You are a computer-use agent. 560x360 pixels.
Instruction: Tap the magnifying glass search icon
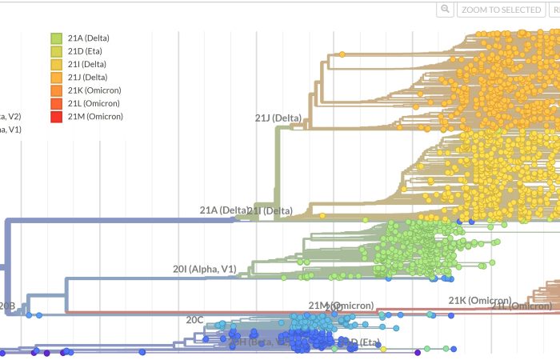tap(446, 10)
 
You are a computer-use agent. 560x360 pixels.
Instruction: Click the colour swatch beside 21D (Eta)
tap(57, 51)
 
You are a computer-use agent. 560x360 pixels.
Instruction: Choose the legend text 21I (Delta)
tap(86, 64)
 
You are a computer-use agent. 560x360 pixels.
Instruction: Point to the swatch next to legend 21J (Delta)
tap(57, 78)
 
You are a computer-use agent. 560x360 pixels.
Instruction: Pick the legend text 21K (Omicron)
tap(94, 90)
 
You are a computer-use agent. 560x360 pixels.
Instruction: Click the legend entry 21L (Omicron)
tap(94, 103)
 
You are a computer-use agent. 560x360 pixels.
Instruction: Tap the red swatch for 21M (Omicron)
tap(57, 117)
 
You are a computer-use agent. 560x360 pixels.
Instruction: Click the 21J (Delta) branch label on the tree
tap(278, 118)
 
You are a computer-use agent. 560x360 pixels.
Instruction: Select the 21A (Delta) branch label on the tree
tap(223, 210)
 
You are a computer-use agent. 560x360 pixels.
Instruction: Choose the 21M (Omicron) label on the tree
tap(341, 306)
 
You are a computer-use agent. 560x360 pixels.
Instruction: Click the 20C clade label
tap(195, 320)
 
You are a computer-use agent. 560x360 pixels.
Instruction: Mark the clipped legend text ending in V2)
tap(10, 116)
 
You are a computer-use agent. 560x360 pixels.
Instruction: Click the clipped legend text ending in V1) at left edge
tap(10, 130)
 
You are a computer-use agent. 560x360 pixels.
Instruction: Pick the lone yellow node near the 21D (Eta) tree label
tap(383, 349)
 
